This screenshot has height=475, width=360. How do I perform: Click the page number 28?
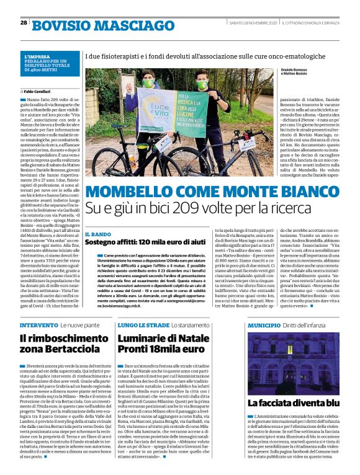click(23, 23)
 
